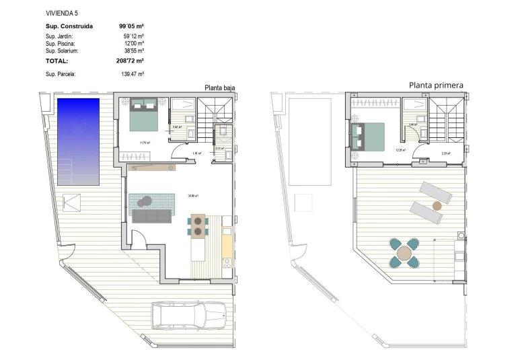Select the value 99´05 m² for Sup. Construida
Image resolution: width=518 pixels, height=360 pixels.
click(x=131, y=26)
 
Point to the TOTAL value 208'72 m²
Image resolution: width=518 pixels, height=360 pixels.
click(x=131, y=60)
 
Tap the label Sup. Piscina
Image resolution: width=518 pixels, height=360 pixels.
click(x=59, y=43)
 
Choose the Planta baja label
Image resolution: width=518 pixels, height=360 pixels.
click(x=220, y=87)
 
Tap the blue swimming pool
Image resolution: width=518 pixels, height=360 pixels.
click(x=78, y=141)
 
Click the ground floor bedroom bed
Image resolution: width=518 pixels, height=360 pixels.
click(x=143, y=114)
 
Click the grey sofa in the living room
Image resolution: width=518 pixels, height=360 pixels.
click(x=152, y=216)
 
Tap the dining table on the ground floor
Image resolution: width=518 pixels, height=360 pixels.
click(x=198, y=226)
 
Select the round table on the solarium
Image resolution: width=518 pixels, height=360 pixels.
click(x=404, y=253)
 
